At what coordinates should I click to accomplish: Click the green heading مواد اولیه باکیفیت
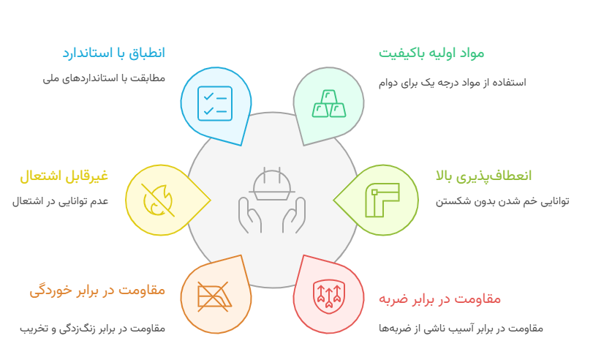click(431, 53)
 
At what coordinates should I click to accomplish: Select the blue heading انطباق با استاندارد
click(113, 53)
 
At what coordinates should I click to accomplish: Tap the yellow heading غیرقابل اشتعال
click(64, 176)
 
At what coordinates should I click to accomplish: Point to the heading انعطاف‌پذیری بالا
click(483, 176)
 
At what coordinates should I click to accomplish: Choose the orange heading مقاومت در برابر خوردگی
click(97, 290)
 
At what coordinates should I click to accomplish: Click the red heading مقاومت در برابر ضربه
click(439, 299)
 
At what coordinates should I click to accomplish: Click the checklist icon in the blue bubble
click(215, 104)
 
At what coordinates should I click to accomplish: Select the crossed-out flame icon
click(158, 200)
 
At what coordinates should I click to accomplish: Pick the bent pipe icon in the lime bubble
click(382, 200)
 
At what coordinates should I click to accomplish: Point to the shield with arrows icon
click(328, 295)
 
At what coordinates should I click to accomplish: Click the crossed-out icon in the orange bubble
click(214, 296)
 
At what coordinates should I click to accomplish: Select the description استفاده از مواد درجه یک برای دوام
click(452, 82)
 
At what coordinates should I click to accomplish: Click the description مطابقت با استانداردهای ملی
click(104, 78)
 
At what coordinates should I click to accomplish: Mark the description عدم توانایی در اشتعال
click(60, 200)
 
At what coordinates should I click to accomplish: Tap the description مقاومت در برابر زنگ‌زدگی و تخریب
click(93, 328)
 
